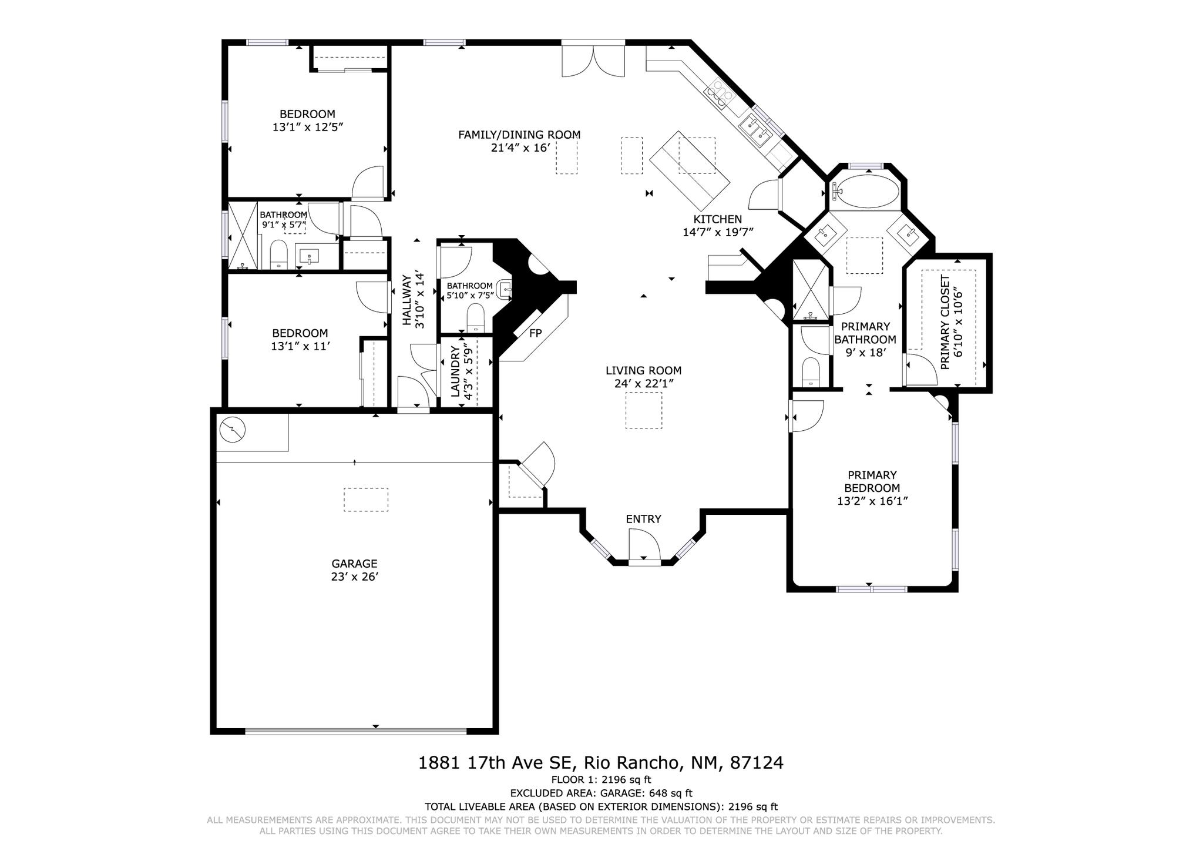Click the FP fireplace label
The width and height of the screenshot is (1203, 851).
(x=535, y=333)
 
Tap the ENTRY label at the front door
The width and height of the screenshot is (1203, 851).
(x=643, y=519)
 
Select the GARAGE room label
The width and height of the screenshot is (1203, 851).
(x=354, y=564)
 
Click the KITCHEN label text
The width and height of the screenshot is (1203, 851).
(x=718, y=219)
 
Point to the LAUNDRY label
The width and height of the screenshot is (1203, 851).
(x=456, y=371)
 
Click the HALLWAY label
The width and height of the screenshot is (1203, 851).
(x=406, y=300)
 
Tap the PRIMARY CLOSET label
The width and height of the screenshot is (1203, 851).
(x=945, y=322)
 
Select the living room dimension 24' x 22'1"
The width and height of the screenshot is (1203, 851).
(x=643, y=383)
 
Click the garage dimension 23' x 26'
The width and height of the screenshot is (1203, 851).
(x=354, y=577)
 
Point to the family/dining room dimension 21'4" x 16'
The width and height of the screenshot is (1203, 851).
(x=520, y=148)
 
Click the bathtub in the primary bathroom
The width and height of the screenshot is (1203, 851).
(x=867, y=191)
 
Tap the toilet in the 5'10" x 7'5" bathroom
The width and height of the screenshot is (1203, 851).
(x=475, y=318)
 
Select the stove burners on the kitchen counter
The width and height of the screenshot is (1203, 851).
(x=720, y=93)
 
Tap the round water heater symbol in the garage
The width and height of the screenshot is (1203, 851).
(x=233, y=430)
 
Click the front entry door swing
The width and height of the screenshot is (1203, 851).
(x=644, y=544)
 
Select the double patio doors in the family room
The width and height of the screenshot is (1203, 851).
(x=593, y=61)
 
